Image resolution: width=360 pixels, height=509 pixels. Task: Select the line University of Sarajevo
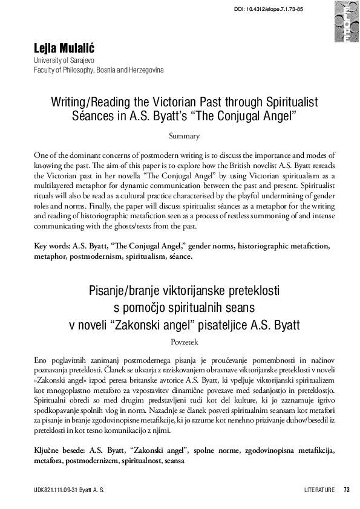click(x=63, y=62)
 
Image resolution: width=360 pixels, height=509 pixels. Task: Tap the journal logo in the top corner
click(x=346, y=22)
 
